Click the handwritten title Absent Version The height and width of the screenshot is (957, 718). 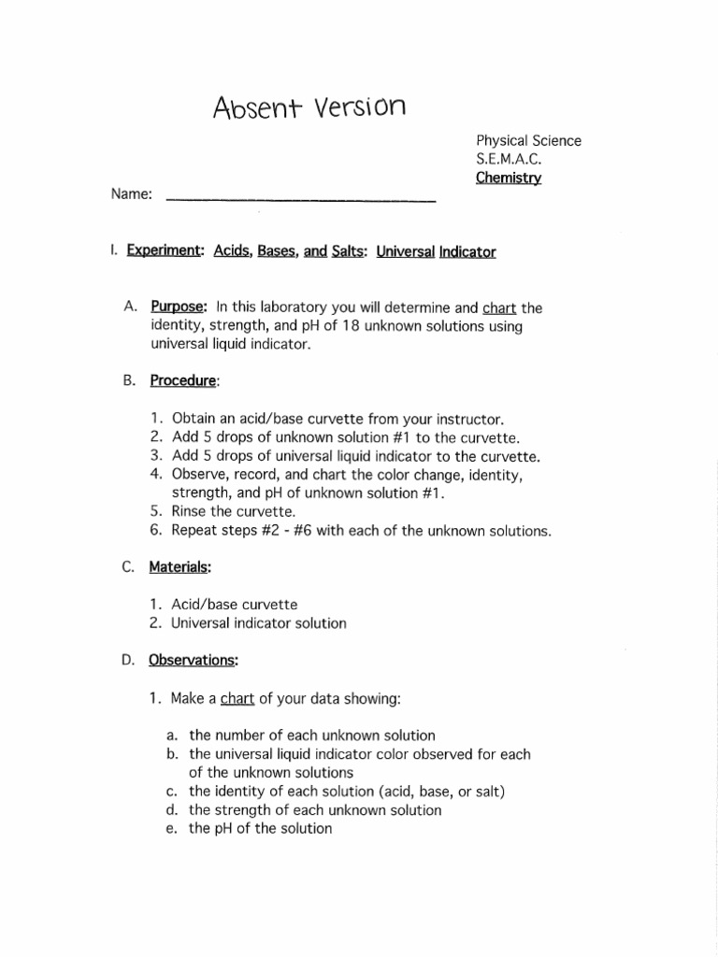[x=309, y=107]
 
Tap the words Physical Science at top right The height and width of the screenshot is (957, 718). [x=528, y=141]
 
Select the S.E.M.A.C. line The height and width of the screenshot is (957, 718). [x=509, y=159]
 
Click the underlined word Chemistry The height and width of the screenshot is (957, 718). [x=508, y=178]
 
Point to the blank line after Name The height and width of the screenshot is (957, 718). [x=300, y=199]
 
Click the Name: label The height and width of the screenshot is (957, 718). [x=132, y=194]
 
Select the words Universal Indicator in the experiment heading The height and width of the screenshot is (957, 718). [x=436, y=251]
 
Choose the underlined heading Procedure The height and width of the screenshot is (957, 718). [x=183, y=381]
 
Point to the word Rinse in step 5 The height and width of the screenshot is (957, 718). [x=192, y=512]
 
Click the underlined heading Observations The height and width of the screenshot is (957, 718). [x=193, y=660]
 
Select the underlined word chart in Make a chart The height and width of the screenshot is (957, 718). [x=237, y=698]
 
